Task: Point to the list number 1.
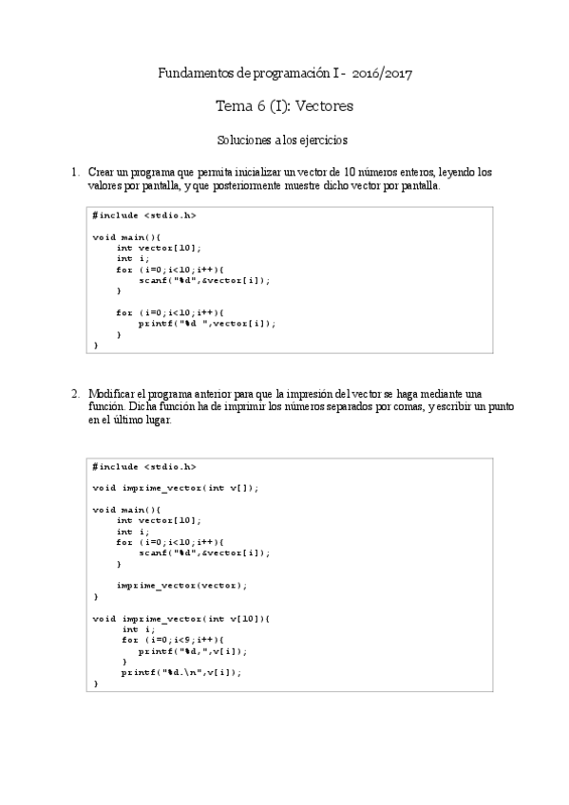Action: pyautogui.click(x=73, y=173)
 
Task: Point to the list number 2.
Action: pyautogui.click(x=73, y=393)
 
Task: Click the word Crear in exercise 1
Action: pyautogui.click(x=101, y=173)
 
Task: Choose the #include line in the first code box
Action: pyautogui.click(x=144, y=215)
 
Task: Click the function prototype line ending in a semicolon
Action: pyautogui.click(x=176, y=488)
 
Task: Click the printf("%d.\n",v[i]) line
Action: pyautogui.click(x=181, y=672)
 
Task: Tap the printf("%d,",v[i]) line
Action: pyautogui.click(x=193, y=651)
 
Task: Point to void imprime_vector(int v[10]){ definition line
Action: pyautogui.click(x=181, y=618)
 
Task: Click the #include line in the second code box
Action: pyautogui.click(x=144, y=467)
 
